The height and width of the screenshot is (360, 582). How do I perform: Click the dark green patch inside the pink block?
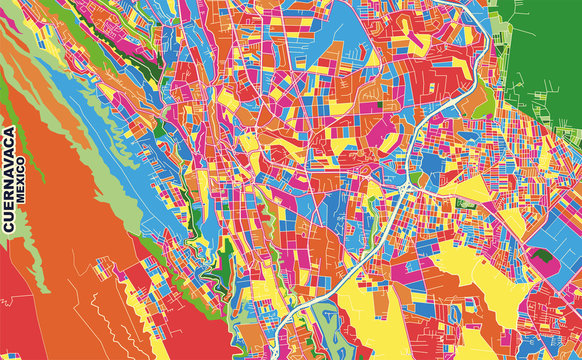coord(544,257)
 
